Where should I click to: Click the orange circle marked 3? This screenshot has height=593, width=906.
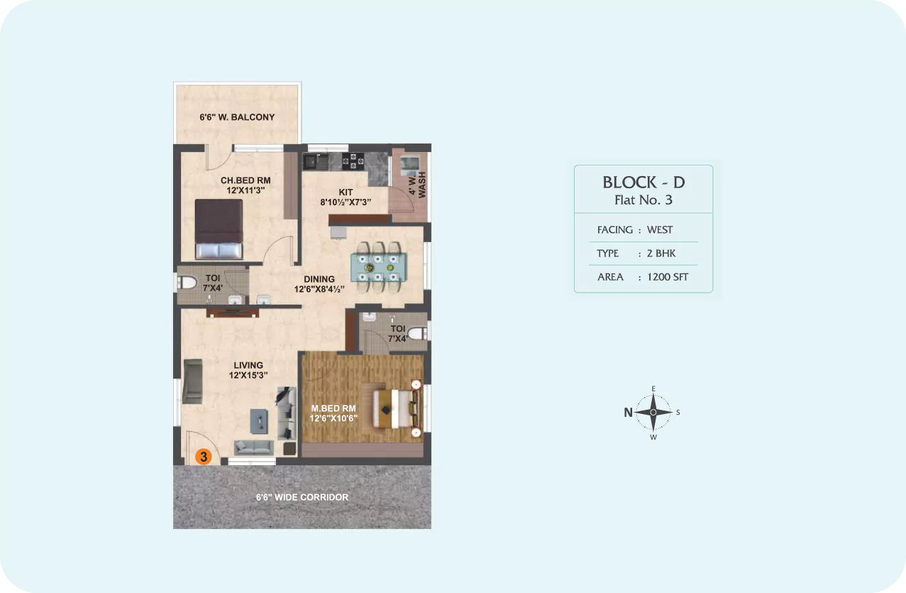pyautogui.click(x=204, y=457)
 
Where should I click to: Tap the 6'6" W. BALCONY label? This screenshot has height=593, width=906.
pyautogui.click(x=237, y=117)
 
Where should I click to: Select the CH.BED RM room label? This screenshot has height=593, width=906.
pyautogui.click(x=245, y=180)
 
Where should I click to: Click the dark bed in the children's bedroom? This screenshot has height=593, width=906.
pyautogui.click(x=219, y=229)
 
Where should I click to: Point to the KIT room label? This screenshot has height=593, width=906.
pyautogui.click(x=346, y=192)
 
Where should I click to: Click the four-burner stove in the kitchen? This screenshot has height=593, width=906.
pyautogui.click(x=353, y=161)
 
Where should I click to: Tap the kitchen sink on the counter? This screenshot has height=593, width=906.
pyautogui.click(x=316, y=161)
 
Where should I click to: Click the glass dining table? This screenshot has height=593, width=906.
pyautogui.click(x=379, y=267)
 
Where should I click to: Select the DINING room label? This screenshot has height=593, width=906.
pyautogui.click(x=319, y=279)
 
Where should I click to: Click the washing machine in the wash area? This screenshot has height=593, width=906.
pyautogui.click(x=410, y=164)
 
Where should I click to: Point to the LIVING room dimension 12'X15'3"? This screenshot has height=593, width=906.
pyautogui.click(x=248, y=375)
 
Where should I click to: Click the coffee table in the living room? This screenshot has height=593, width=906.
pyautogui.click(x=259, y=421)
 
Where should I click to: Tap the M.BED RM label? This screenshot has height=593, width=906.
pyautogui.click(x=333, y=408)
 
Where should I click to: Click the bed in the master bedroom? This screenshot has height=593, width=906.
pyautogui.click(x=395, y=408)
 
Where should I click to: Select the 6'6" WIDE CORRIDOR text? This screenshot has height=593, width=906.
pyautogui.click(x=302, y=497)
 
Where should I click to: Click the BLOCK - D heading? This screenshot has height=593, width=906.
pyautogui.click(x=643, y=183)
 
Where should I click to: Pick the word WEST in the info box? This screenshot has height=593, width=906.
pyautogui.click(x=660, y=230)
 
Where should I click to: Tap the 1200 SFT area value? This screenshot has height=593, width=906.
pyautogui.click(x=668, y=277)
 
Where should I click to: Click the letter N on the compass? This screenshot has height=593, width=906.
pyautogui.click(x=628, y=412)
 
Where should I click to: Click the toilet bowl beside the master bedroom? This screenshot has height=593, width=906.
pyautogui.click(x=417, y=334)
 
